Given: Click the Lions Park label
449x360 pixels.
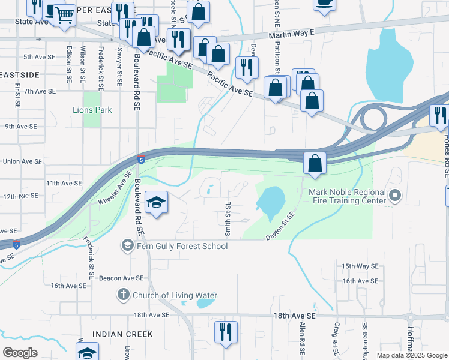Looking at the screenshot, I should [92, 110].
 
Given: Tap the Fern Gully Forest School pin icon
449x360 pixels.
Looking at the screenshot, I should [127, 245].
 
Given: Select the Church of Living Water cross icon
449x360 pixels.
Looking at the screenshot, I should [123, 295].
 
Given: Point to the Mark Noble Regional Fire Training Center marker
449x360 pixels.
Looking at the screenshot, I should [395, 196].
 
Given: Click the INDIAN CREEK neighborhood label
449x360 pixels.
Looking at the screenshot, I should [123, 334].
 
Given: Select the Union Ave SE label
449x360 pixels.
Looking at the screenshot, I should [23, 161].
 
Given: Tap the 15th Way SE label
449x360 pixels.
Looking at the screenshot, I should [360, 266].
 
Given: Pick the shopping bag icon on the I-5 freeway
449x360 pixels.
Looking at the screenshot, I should [315, 163].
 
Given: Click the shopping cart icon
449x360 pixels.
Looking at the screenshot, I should [64, 15].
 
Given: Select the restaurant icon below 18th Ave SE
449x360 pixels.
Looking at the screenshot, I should [226, 332].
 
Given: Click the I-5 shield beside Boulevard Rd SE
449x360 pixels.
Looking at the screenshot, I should [140, 160].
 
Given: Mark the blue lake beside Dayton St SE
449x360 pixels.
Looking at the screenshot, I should [271, 199].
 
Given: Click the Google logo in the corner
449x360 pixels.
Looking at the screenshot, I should [20, 353].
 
